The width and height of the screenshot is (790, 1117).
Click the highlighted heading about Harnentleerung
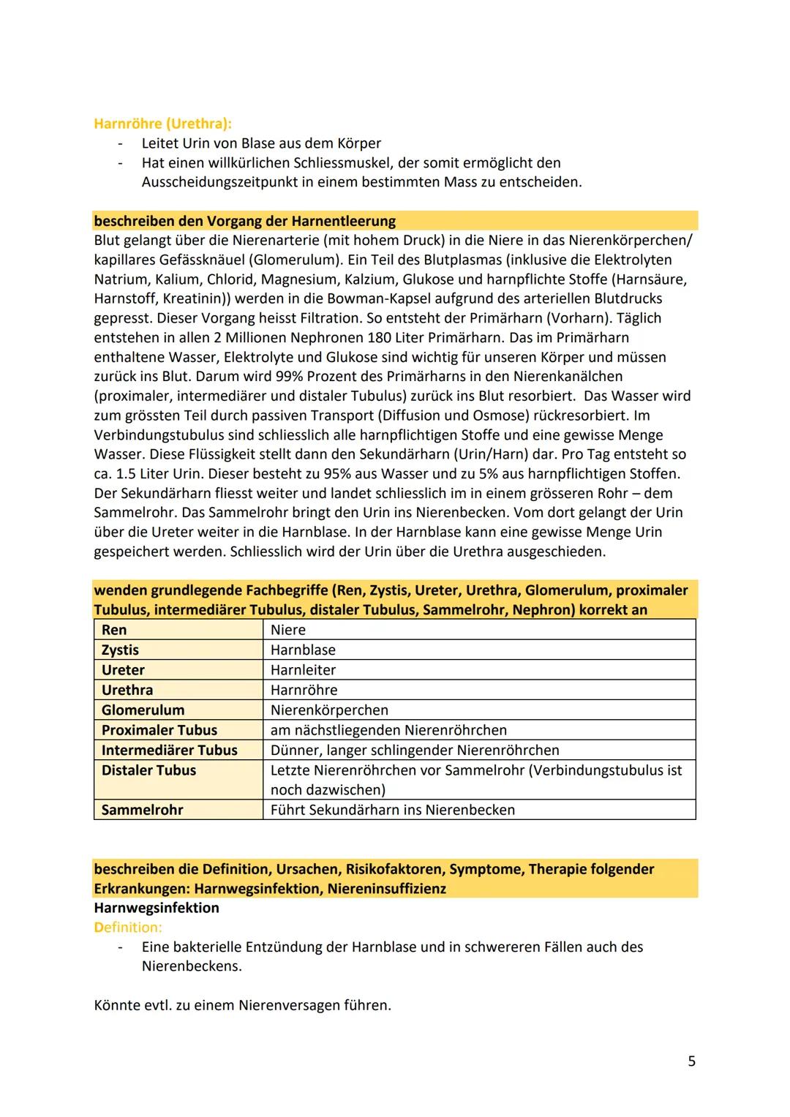(244, 221)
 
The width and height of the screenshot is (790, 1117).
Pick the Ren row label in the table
(114, 630)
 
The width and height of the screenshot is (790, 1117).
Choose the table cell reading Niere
(288, 630)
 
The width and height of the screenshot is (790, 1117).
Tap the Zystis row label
(120, 650)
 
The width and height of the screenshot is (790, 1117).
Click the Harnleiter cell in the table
(303, 670)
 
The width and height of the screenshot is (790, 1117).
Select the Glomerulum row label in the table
(143, 710)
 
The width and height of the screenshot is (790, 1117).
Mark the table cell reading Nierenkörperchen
(329, 710)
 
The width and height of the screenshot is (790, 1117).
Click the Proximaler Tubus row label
(159, 730)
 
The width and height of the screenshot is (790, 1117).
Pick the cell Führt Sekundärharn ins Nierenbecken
(392, 810)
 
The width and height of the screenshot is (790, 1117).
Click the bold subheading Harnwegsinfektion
(157, 908)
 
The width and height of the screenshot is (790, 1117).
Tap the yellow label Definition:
(128, 928)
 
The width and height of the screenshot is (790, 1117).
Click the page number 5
(691, 1061)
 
